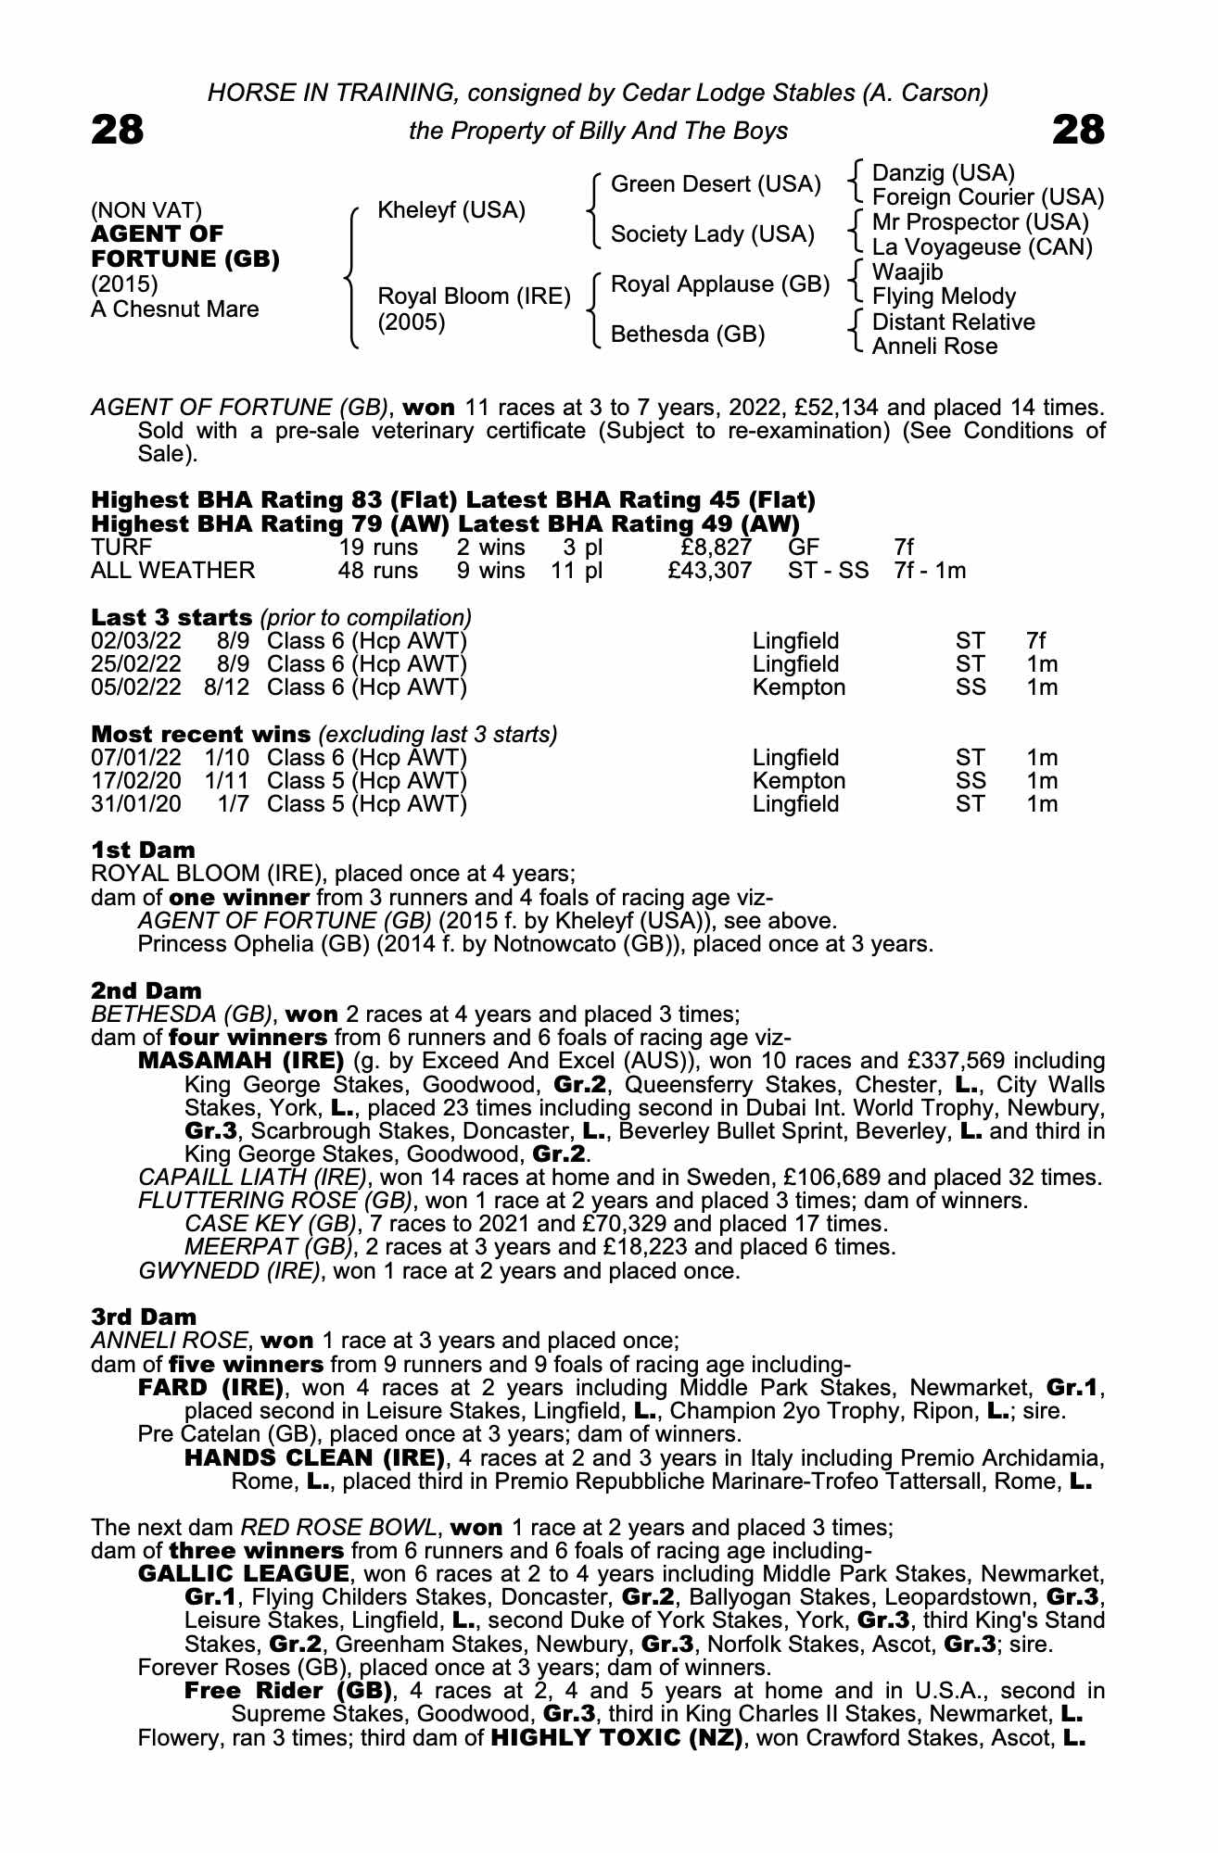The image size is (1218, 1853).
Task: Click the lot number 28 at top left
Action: (x=117, y=130)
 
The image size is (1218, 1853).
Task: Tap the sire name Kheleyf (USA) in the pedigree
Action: (x=451, y=210)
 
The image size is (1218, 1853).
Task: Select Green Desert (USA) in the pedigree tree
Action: (x=716, y=184)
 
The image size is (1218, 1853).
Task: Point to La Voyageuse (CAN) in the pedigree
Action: (x=983, y=247)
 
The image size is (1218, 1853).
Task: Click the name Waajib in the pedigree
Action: (x=907, y=272)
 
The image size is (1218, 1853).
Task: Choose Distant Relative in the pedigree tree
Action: (x=954, y=322)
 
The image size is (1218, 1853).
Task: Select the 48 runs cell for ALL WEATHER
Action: (x=378, y=570)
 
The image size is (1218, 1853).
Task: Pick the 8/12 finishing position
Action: (x=228, y=687)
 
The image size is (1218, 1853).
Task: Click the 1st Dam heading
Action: (x=143, y=850)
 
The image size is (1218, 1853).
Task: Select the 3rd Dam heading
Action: (x=144, y=1317)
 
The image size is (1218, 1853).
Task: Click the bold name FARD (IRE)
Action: (x=210, y=1388)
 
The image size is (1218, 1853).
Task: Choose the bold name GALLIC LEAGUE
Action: (x=244, y=1574)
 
